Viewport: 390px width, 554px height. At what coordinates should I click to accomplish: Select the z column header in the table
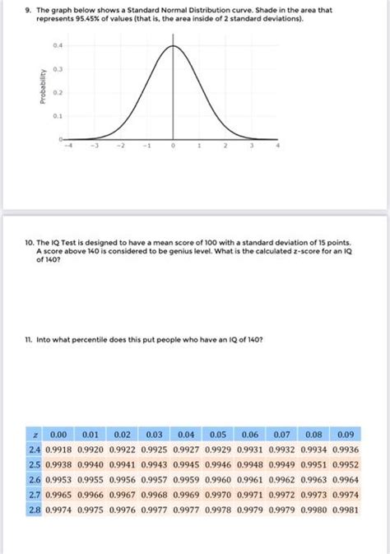coord(36,434)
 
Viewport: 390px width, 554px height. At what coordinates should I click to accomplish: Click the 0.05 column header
coord(218,434)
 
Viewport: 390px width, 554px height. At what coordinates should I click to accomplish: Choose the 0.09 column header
coord(344,434)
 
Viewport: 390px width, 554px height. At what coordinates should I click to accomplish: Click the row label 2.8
coord(34,510)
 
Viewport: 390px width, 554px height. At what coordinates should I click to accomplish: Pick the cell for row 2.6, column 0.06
coord(250,480)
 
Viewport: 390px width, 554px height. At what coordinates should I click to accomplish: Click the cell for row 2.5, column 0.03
coord(155,465)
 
